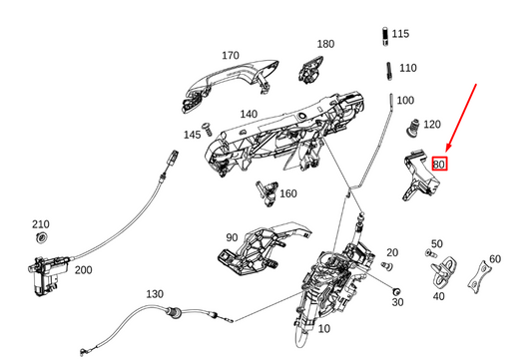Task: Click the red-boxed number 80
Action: (x=439, y=165)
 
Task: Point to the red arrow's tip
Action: (x=446, y=152)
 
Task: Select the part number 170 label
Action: (x=231, y=55)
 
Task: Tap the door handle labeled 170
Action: (x=231, y=83)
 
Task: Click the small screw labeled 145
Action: (x=207, y=130)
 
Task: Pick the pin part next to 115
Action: (x=385, y=36)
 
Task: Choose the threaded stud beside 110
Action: (x=389, y=71)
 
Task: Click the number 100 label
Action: (x=405, y=101)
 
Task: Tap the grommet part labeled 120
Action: (x=412, y=128)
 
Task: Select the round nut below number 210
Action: (x=41, y=237)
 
